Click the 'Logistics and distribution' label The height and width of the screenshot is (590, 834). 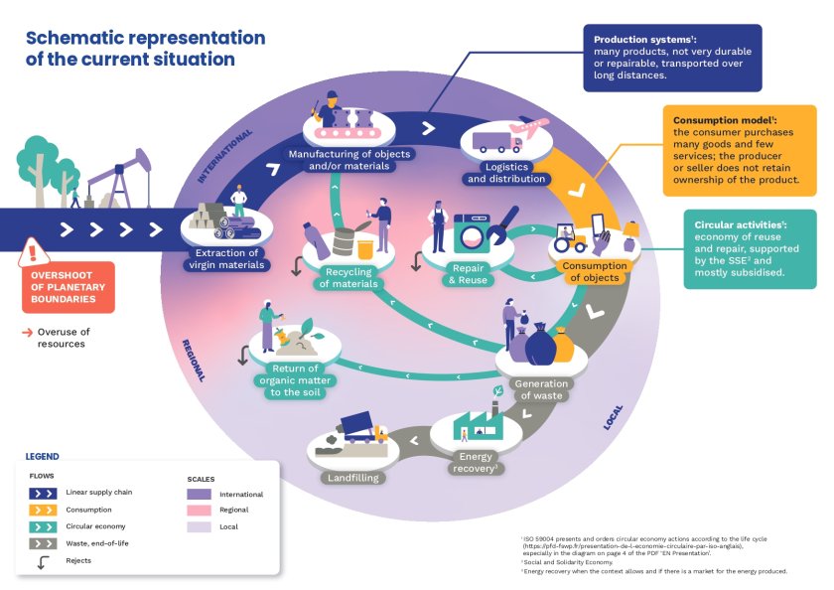pyautogui.click(x=506, y=174)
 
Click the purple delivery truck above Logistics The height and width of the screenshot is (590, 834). pyautogui.click(x=496, y=143)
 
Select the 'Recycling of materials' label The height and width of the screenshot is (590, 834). pyautogui.click(x=348, y=277)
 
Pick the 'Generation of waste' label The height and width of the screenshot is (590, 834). pyautogui.click(x=542, y=389)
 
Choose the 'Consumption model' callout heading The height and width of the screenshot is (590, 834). pyautogui.click(x=719, y=118)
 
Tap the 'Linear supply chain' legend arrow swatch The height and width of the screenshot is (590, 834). pyautogui.click(x=43, y=492)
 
